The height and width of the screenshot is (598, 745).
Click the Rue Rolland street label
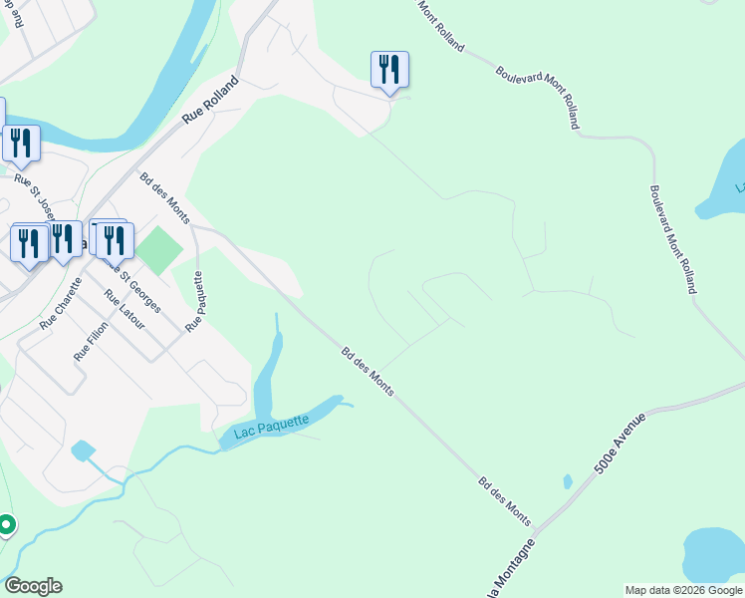click(212, 100)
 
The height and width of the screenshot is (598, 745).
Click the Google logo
click(33, 586)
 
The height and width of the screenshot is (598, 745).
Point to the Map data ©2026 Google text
click(683, 590)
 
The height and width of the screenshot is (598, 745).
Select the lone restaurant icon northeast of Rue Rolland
click(389, 70)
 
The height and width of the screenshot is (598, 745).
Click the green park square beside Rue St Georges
click(159, 250)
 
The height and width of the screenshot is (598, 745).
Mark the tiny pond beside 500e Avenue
click(567, 482)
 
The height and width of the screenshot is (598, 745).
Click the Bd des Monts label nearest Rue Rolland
click(164, 197)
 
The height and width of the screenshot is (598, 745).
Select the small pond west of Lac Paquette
click(83, 450)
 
